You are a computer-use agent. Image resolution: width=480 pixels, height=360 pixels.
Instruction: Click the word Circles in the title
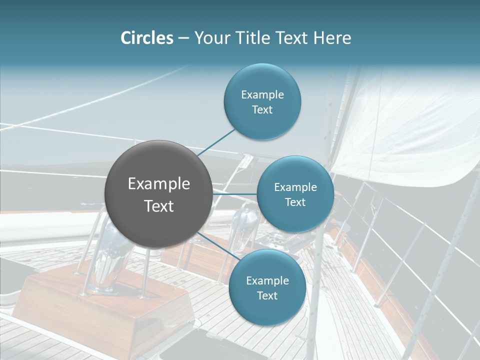pos(146,38)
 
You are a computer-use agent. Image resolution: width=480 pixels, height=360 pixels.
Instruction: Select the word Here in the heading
pos(332,38)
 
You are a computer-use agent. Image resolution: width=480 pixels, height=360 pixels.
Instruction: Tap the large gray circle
pos(158,194)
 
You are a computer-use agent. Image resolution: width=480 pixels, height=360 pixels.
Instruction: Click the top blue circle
pos(262,102)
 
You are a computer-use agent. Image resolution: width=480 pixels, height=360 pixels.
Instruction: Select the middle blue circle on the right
pos(295,194)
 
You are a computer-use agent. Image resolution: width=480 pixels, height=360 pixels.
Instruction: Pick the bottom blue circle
pos(267,288)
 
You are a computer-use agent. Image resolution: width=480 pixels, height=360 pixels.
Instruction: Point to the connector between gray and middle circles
pos(234,194)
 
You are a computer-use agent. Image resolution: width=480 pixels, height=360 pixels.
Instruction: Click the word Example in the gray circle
pos(159,183)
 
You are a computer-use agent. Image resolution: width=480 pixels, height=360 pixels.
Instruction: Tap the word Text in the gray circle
pos(159,205)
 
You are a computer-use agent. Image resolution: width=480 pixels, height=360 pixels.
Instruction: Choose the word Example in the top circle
pos(262,94)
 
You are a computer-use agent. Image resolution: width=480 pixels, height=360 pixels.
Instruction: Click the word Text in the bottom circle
pos(267,295)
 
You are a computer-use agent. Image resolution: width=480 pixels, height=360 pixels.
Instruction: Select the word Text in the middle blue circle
pos(295,202)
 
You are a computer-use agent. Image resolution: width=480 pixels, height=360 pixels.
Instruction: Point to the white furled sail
pos(400,125)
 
